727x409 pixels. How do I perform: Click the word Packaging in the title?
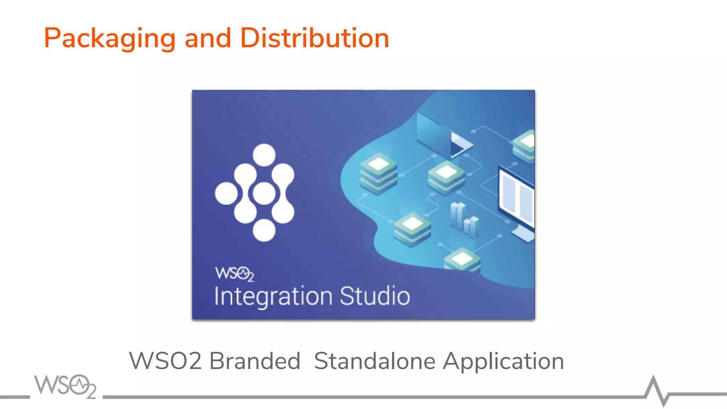[x=110, y=38]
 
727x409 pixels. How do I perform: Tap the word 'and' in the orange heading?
[x=208, y=38]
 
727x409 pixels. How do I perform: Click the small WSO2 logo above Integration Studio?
[x=235, y=274]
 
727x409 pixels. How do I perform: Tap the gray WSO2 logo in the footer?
[x=65, y=386]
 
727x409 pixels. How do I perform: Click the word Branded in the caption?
[x=255, y=361]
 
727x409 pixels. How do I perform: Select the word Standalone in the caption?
[x=375, y=361]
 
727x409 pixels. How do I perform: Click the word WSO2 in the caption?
[x=165, y=361]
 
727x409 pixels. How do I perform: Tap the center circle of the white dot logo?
[x=264, y=193]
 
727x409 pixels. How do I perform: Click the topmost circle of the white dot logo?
[x=264, y=155]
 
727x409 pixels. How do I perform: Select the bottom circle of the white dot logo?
[x=264, y=230]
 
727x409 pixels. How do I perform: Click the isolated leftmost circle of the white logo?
[x=226, y=193]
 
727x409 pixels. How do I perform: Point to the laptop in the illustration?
[x=444, y=135]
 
